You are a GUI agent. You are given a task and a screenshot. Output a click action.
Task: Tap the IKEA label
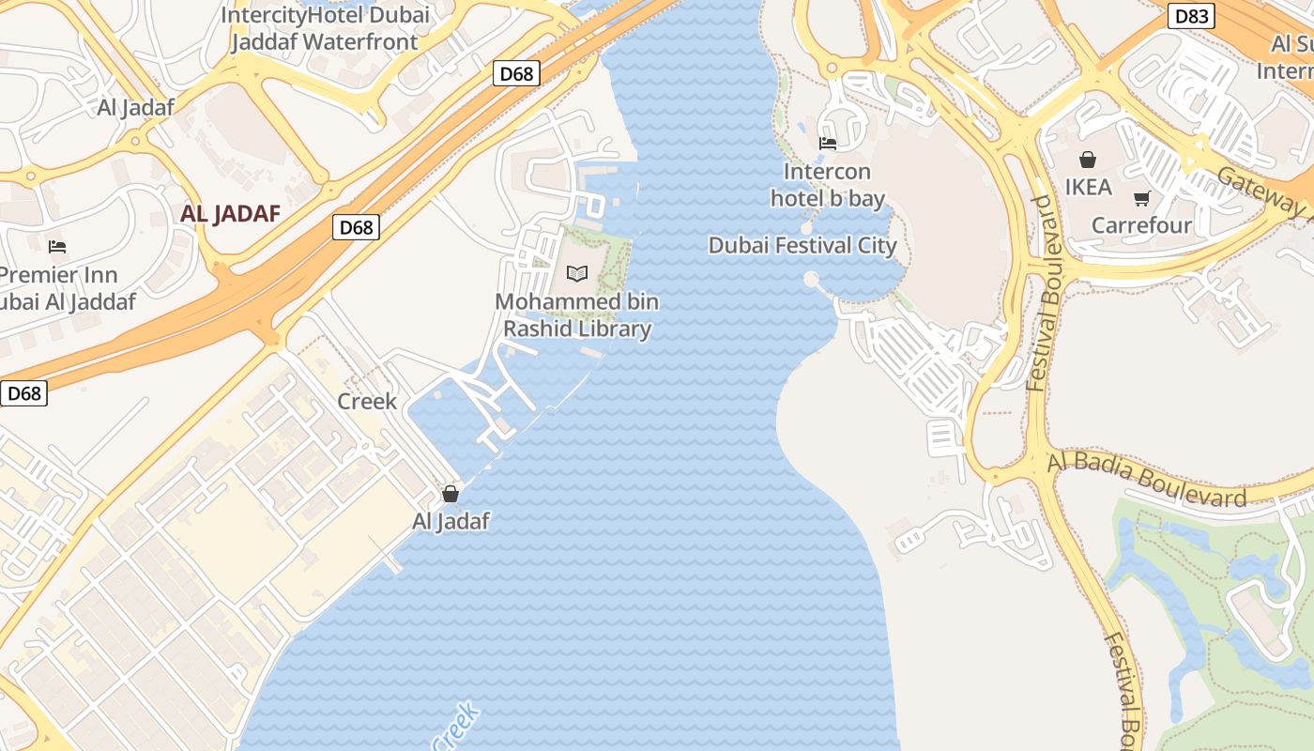point(1088,187)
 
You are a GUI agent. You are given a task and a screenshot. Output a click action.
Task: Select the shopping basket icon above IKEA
point(1088,160)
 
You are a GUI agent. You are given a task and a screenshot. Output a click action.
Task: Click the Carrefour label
point(1141,225)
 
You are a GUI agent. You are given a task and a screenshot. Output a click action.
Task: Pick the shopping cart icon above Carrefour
point(1141,198)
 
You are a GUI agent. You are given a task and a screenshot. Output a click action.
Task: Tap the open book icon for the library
point(577,273)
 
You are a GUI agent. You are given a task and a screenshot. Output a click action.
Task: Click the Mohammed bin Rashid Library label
point(577,315)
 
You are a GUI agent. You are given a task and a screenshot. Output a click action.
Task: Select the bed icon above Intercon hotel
point(828,144)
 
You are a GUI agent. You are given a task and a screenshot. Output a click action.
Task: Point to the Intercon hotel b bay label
point(828,185)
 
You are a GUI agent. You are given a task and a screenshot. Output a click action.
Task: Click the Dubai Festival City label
point(802,246)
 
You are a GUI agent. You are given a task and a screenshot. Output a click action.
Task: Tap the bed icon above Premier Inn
point(57,247)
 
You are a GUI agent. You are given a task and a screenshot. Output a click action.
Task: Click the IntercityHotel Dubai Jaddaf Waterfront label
point(325,28)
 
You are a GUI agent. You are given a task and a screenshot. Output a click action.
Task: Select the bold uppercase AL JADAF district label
point(231,214)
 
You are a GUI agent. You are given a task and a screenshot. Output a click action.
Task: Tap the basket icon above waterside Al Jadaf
point(451,494)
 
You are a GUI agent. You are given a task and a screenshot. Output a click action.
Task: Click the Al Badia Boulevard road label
point(1147,478)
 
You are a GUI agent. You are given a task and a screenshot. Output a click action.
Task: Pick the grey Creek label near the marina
point(367,401)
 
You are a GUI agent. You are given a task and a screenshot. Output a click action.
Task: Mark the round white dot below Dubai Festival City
point(811,279)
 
